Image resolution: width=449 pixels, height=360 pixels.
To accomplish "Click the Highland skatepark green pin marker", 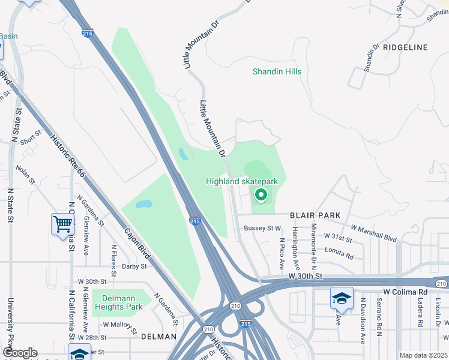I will click(261, 194).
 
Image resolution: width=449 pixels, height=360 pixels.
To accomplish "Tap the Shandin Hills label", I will click(277, 71).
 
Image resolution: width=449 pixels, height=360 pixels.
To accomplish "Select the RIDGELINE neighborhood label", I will click(405, 47).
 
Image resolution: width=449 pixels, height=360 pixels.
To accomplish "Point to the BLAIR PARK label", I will click(315, 215).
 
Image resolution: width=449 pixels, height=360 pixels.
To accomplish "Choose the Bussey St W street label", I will click(262, 228).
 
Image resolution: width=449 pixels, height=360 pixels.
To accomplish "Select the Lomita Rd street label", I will click(340, 252).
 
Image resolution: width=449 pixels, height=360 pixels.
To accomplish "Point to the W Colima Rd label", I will click(405, 292).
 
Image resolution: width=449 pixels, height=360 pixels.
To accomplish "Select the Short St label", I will click(28, 141).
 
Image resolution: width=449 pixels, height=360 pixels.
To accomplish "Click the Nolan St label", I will click(25, 175).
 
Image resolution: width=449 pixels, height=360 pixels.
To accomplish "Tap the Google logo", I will click(20, 353).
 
